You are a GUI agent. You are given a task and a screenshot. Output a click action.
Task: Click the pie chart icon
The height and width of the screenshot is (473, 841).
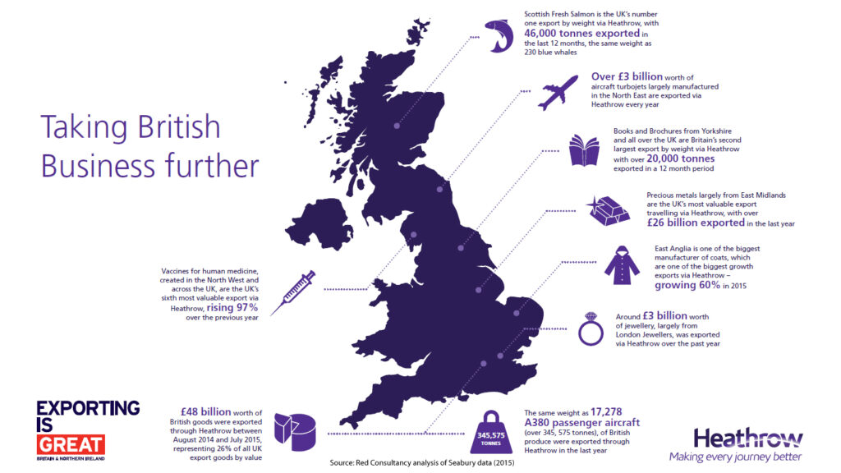[293, 432]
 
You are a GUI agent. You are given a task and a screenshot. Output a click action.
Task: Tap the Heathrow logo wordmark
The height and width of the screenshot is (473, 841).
[735, 437]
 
